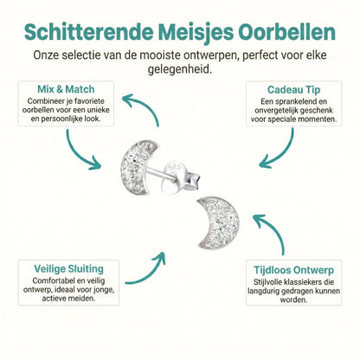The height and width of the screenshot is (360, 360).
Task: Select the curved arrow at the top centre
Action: click(x=138, y=108)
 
